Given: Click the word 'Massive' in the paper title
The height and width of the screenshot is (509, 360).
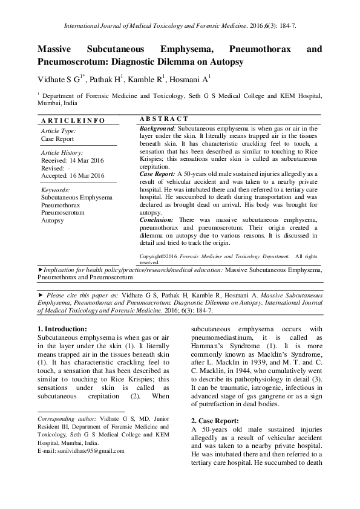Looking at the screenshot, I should coord(57,49).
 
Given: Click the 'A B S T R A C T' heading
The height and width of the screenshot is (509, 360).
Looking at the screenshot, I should coord(164,119).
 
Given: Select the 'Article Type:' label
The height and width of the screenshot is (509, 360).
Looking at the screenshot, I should coord(58,131).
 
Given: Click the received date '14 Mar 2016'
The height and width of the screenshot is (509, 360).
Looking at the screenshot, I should coord(90,161).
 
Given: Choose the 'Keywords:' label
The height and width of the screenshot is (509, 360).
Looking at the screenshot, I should coord(56,190).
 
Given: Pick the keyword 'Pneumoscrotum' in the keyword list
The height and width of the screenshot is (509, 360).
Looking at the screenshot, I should coord(63,213).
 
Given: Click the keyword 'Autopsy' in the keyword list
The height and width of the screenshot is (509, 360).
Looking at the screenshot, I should coord(52,221).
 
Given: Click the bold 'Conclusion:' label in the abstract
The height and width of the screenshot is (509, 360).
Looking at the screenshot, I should coord(157,220).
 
